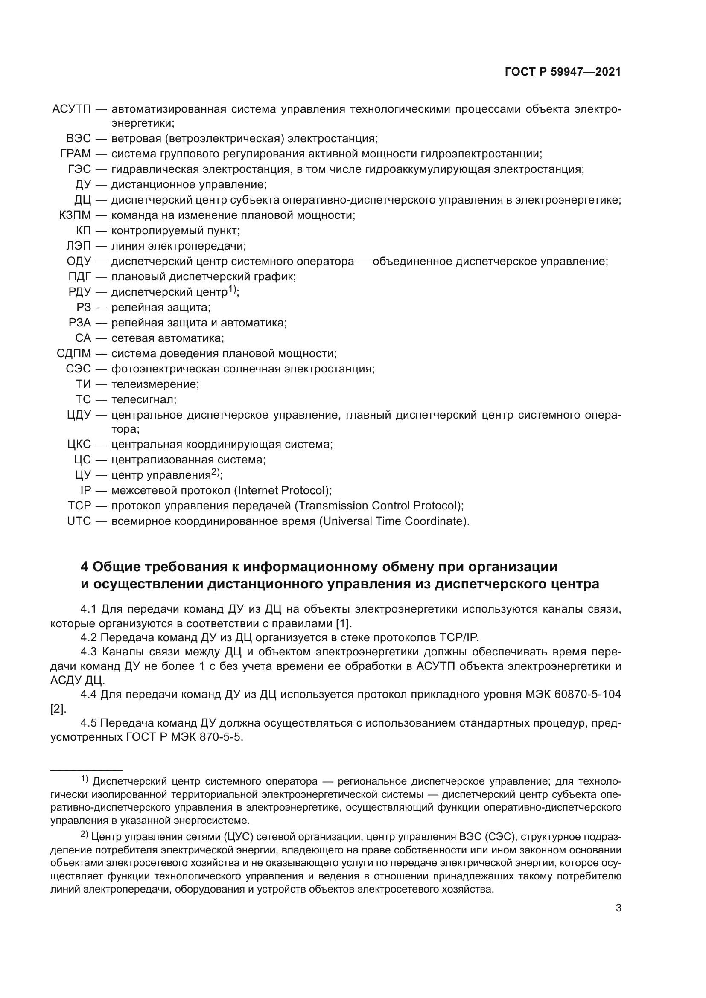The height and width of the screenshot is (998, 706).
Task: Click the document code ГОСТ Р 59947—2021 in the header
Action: [x=563, y=72]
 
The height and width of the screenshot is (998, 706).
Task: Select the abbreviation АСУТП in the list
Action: [x=71, y=109]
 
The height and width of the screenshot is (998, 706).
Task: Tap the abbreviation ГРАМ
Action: [x=76, y=154]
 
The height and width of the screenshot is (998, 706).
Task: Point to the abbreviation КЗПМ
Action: [x=75, y=215]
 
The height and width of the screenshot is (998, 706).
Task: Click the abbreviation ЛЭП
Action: [x=79, y=246]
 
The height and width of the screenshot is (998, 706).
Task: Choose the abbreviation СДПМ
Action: [x=74, y=353]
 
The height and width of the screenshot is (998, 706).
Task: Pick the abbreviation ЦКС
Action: [x=79, y=444]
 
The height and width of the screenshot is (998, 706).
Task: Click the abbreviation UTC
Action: [x=79, y=521]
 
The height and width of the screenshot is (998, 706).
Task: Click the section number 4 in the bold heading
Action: [x=85, y=567]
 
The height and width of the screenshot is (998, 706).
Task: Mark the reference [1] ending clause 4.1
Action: [x=343, y=623]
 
